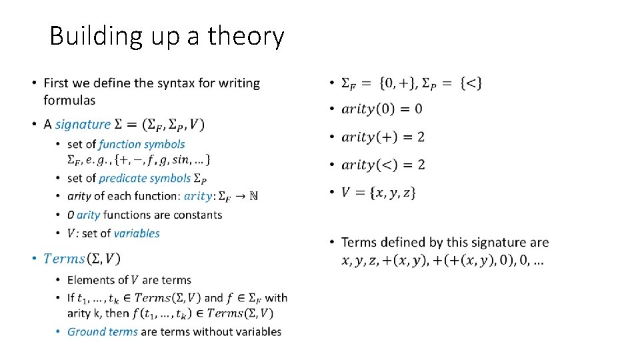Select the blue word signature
(83, 124)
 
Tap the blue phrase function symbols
(141, 144)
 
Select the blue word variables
(137, 233)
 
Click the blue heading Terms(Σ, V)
(82, 259)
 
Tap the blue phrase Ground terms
(103, 331)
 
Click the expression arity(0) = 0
(381, 109)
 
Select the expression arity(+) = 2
(383, 137)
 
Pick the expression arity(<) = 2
(383, 165)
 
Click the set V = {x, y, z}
(379, 193)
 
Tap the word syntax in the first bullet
(163, 83)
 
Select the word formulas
(69, 101)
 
